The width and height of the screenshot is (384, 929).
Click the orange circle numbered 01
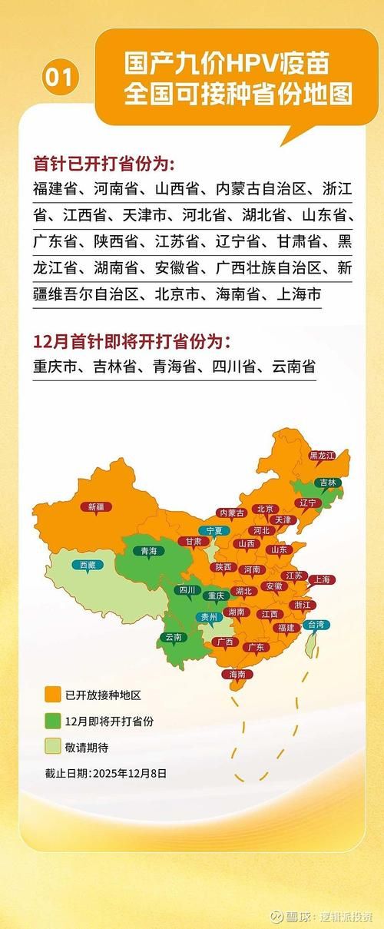tap(61, 78)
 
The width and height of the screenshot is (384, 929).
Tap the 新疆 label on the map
tap(96, 506)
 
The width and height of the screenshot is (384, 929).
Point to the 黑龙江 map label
tap(322, 456)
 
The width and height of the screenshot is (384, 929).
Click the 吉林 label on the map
tap(328, 483)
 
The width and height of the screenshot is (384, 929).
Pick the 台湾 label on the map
tap(316, 624)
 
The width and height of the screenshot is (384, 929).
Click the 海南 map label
tap(237, 674)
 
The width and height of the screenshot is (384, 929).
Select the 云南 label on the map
tap(173, 637)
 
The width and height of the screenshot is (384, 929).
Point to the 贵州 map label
tap(208, 616)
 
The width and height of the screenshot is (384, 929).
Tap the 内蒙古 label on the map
tap(231, 513)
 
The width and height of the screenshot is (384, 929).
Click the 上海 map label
tap(321, 579)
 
